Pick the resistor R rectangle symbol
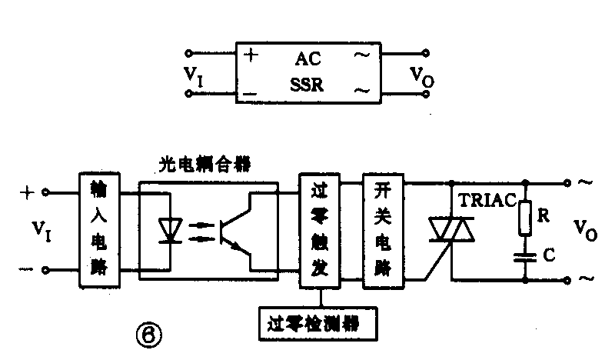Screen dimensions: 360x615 525,218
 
